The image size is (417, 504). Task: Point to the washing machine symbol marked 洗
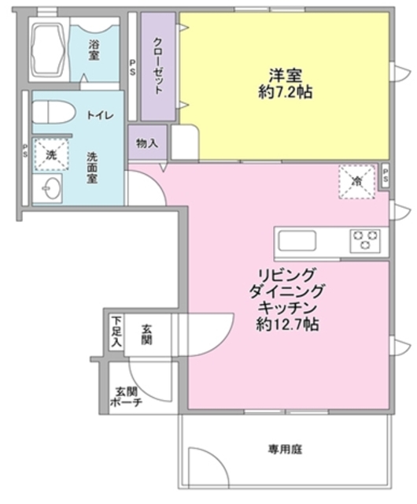point(50,154)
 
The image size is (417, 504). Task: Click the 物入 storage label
point(147,143)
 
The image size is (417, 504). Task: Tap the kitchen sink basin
point(297,239)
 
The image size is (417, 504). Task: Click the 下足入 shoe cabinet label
point(116,332)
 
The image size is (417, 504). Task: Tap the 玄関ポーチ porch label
point(126,396)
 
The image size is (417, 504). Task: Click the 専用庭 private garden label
point(285,450)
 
